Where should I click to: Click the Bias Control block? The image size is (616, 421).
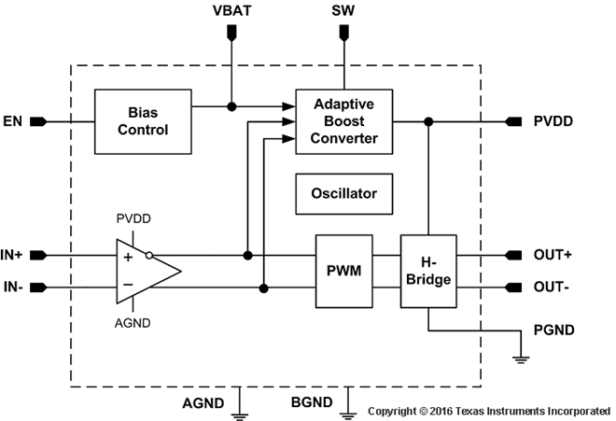(142, 121)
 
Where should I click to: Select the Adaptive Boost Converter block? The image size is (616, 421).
(343, 121)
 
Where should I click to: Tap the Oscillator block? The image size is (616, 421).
(343, 193)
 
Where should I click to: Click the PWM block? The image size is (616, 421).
(343, 271)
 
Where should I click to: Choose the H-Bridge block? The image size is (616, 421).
(427, 271)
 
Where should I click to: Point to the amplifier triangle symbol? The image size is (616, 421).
(145, 271)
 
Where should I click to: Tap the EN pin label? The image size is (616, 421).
(13, 121)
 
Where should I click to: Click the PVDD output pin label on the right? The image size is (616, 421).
(553, 121)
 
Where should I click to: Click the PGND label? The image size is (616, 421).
(553, 330)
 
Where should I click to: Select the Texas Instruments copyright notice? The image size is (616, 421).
(489, 411)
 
